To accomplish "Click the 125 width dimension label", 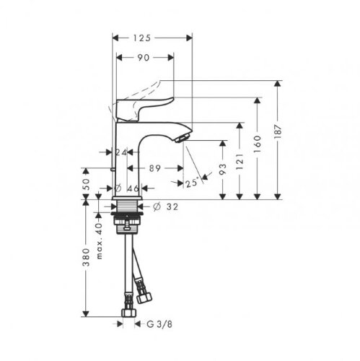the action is (142, 38).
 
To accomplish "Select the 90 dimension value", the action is (143, 58).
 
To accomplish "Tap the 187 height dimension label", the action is (278, 131).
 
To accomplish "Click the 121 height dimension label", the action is (240, 162).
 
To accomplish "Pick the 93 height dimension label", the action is (223, 169).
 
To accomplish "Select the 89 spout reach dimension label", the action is (155, 168).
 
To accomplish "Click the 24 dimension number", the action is (121, 152).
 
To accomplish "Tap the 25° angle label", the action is (193, 183).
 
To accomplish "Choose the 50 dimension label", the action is (86, 184).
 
